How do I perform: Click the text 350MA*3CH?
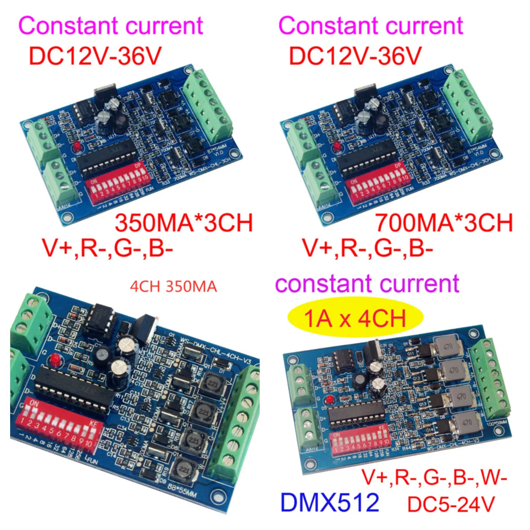(184, 223)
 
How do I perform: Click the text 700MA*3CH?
(444, 223)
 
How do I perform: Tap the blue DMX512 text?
(329, 503)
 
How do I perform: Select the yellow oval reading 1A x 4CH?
(355, 318)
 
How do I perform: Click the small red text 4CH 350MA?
(173, 287)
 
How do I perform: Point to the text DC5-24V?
(450, 504)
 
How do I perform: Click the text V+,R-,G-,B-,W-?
(435, 478)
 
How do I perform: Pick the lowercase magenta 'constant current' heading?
(367, 284)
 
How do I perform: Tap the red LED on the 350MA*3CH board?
(78, 146)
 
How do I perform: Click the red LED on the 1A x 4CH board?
(328, 400)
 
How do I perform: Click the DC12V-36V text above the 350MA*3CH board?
(95, 56)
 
